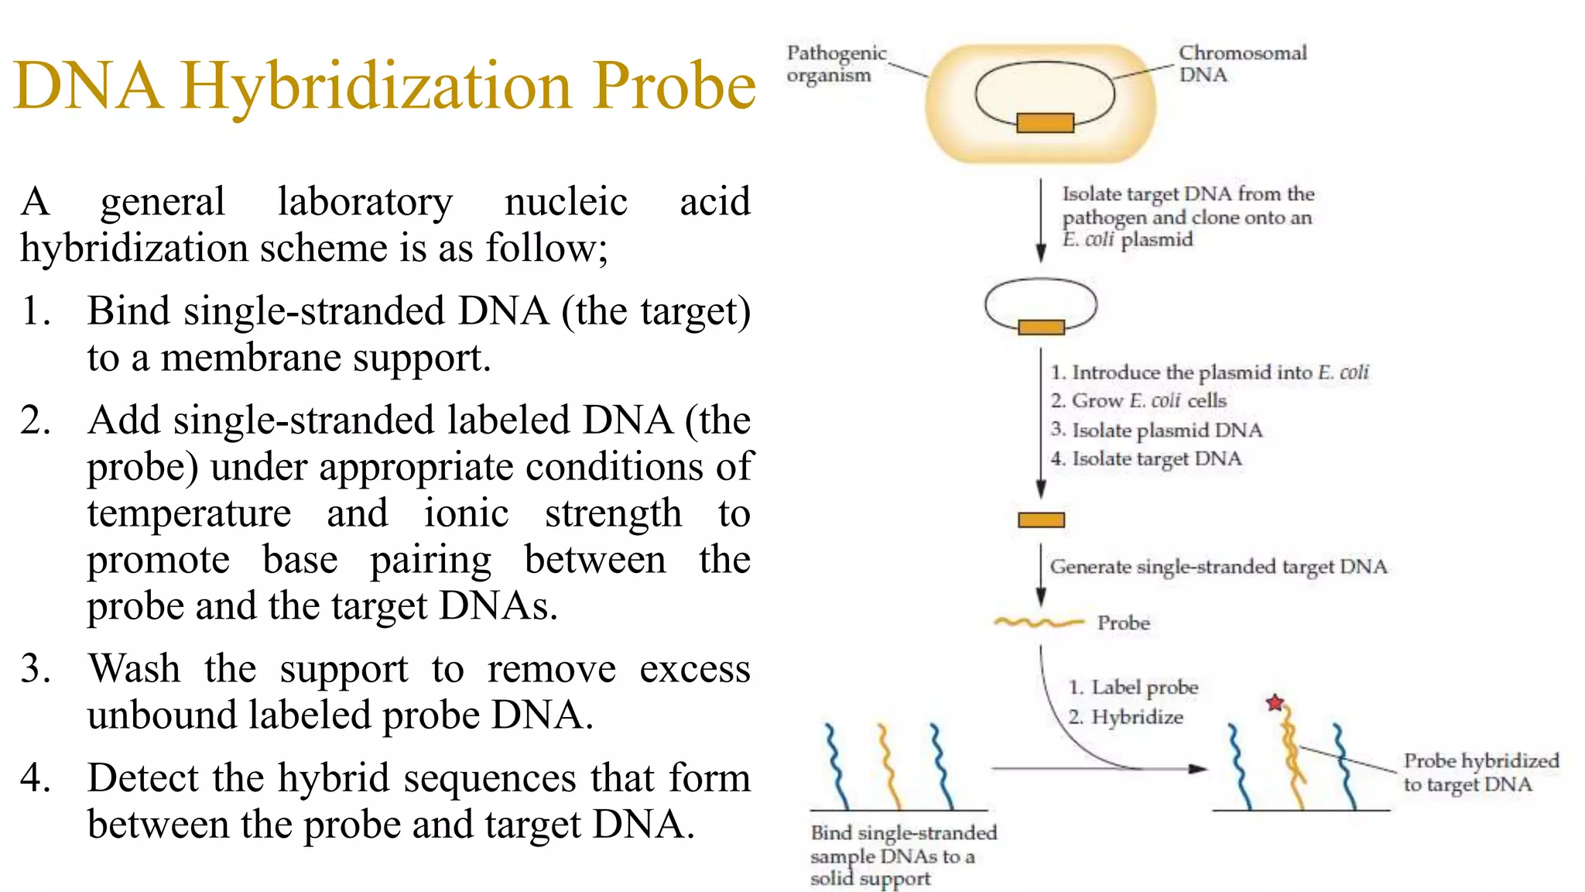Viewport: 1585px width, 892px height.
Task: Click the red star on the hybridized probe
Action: (x=1275, y=703)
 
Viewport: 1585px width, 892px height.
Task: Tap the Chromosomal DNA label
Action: (x=1241, y=63)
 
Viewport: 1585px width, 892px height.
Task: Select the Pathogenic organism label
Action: (x=836, y=63)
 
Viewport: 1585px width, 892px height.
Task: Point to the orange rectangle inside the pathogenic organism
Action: (x=1045, y=122)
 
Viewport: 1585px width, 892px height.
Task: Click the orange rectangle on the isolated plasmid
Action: (x=1041, y=327)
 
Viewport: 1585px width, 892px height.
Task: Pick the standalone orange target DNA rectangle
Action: (x=1041, y=520)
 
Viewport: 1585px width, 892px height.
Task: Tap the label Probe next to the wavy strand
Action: (x=1123, y=623)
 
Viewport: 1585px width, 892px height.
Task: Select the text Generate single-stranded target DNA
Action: (x=1217, y=567)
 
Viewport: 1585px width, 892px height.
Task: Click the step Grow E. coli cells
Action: (x=1138, y=400)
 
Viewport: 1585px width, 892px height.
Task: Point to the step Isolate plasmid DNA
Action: (x=1156, y=430)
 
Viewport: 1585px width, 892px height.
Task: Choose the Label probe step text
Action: (x=1134, y=687)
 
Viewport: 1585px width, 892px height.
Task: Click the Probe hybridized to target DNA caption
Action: (x=1480, y=772)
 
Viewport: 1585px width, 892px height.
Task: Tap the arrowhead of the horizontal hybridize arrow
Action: (x=1197, y=769)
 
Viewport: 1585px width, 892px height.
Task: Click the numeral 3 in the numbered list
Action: (x=35, y=669)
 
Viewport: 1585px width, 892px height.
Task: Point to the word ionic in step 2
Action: (x=466, y=513)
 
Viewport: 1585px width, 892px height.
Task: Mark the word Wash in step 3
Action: (x=134, y=668)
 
